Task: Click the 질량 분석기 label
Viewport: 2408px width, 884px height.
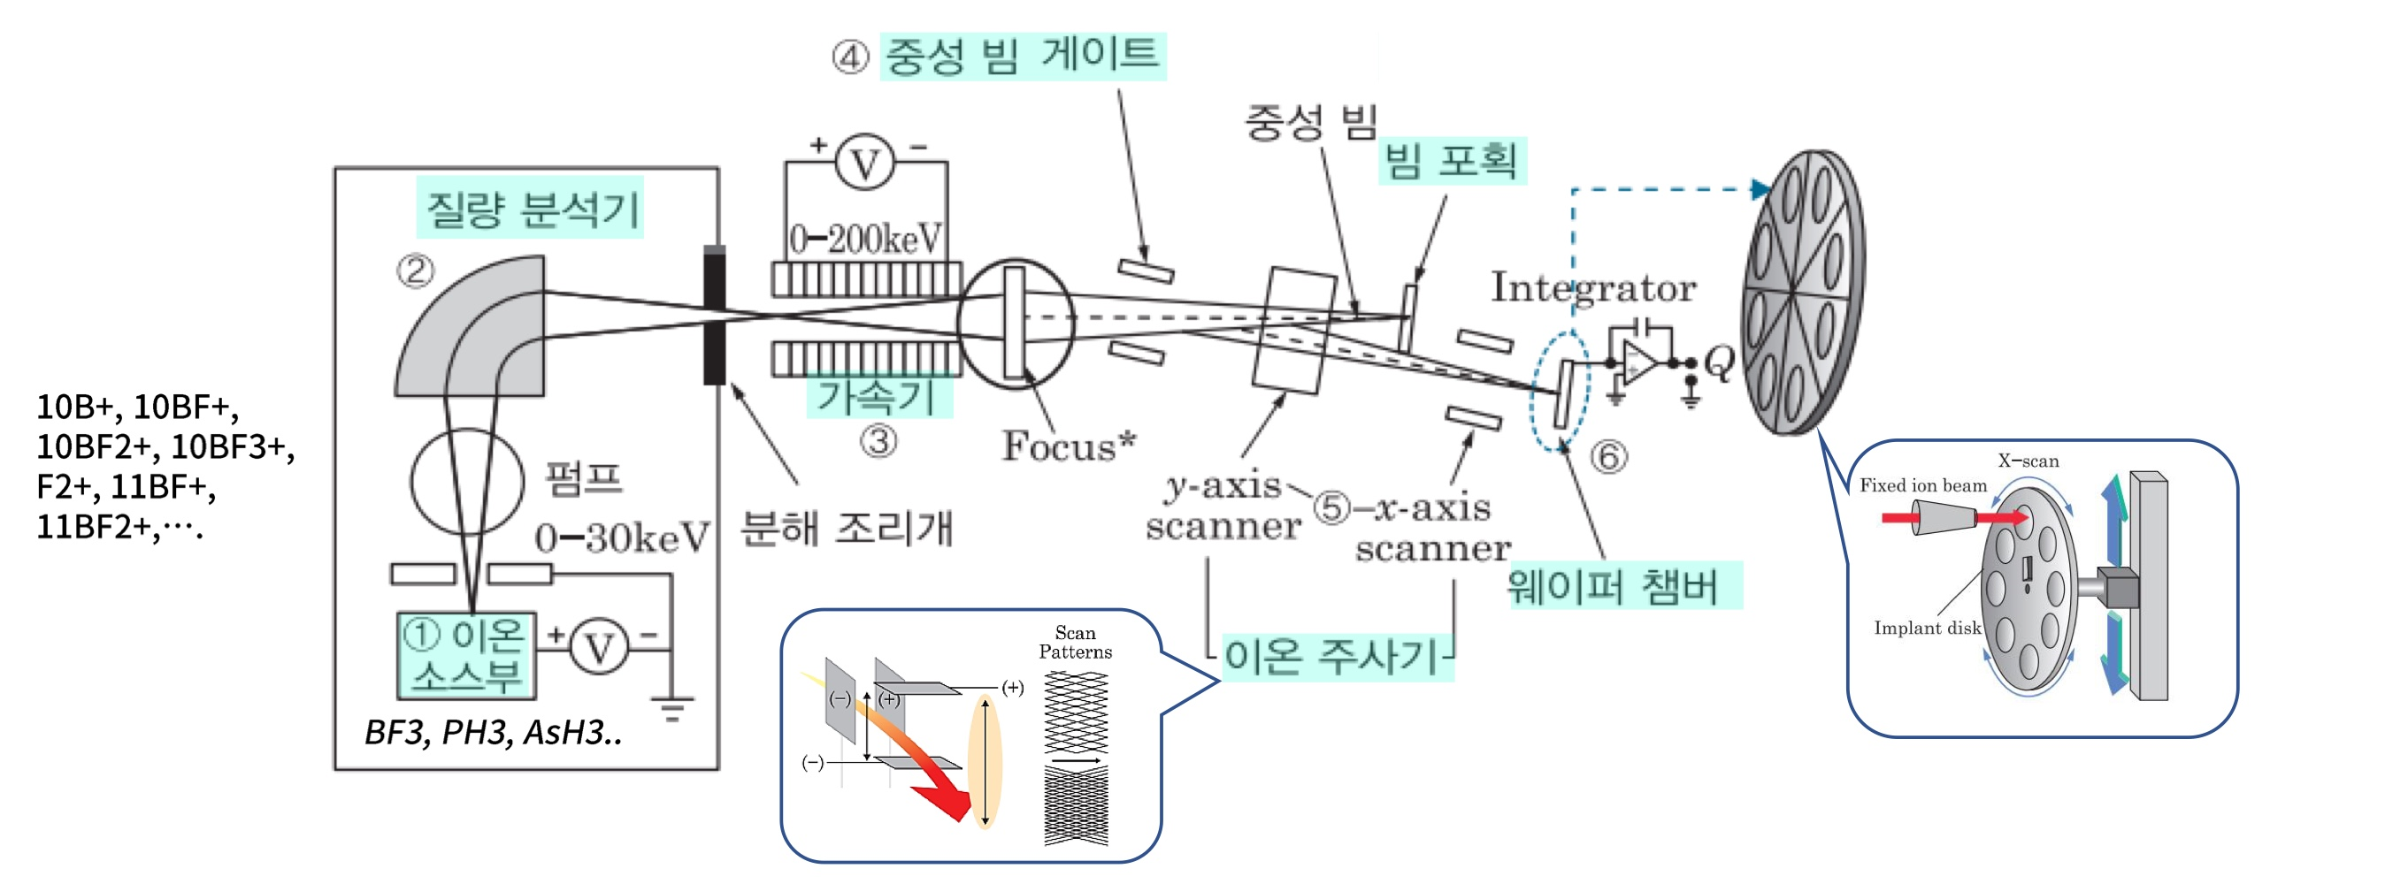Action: (x=531, y=209)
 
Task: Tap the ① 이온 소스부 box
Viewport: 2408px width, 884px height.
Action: (x=465, y=656)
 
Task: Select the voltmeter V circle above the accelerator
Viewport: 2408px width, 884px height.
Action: (x=864, y=164)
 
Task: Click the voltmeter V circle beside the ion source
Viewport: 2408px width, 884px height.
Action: (x=599, y=647)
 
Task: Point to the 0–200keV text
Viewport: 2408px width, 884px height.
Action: (x=865, y=240)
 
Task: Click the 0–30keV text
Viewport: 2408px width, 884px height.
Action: (x=622, y=537)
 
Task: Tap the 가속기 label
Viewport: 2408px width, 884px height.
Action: (x=877, y=396)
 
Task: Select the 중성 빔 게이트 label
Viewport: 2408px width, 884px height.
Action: (x=1022, y=55)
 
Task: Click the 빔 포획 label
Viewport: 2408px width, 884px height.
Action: (x=1451, y=161)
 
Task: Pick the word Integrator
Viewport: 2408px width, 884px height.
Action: (x=1593, y=287)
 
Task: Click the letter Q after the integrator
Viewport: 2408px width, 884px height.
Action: (x=1718, y=362)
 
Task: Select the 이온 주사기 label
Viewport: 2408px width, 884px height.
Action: (x=1332, y=656)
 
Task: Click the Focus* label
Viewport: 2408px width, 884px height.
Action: (x=1069, y=446)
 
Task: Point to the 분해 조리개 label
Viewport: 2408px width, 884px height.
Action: (x=846, y=529)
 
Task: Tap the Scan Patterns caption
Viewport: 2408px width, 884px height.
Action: (x=1075, y=643)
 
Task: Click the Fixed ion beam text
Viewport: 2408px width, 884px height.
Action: (x=1922, y=485)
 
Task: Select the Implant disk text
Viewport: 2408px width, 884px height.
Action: (x=1927, y=628)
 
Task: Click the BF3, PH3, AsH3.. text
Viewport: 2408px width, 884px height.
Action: (x=493, y=732)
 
